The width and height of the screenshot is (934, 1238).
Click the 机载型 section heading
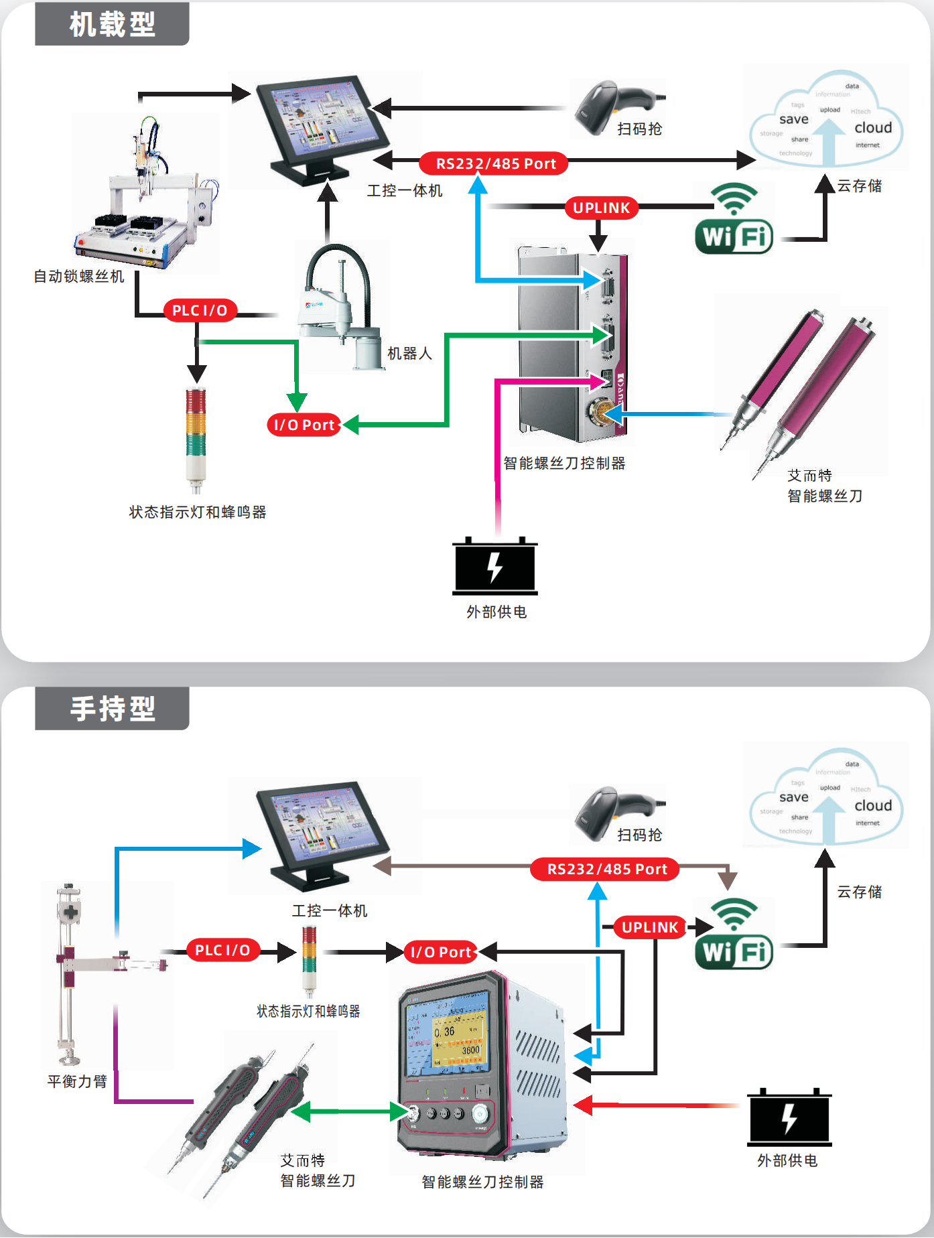(112, 25)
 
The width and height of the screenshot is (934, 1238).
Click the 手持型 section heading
(112, 709)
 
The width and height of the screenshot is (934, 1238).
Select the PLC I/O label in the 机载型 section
(200, 311)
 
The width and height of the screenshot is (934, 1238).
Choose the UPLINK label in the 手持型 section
(650, 928)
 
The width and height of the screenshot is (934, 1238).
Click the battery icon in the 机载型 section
(495, 566)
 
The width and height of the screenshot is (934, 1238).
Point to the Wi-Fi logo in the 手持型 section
(734, 934)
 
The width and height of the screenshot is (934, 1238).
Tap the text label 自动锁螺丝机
(79, 277)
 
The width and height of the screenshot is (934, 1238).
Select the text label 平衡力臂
(77, 1081)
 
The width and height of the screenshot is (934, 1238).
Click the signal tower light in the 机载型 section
(196, 439)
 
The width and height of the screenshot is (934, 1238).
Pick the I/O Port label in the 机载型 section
(304, 425)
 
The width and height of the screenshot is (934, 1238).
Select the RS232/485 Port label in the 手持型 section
(606, 870)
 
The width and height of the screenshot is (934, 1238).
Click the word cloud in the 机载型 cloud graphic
(873, 128)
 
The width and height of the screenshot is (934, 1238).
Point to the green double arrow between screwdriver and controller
(349, 1111)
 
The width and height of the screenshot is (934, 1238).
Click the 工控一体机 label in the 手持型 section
(329, 911)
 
